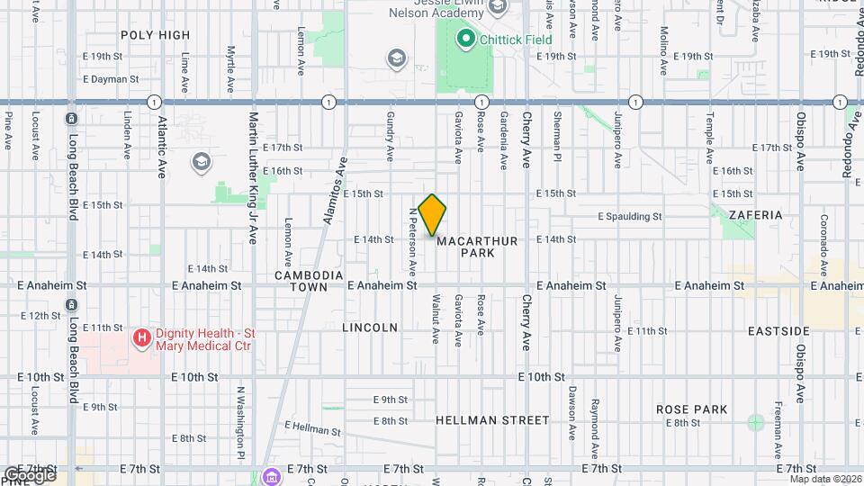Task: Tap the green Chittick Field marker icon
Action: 465,38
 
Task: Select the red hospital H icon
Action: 140,339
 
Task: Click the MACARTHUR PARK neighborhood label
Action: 465,247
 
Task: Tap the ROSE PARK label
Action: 691,409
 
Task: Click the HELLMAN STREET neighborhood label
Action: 492,420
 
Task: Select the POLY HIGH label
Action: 156,35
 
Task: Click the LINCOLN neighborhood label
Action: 370,328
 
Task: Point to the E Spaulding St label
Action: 631,217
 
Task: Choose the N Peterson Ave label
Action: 412,240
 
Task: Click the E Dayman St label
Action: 110,78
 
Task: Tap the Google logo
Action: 30,474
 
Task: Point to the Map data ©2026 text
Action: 824,479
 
